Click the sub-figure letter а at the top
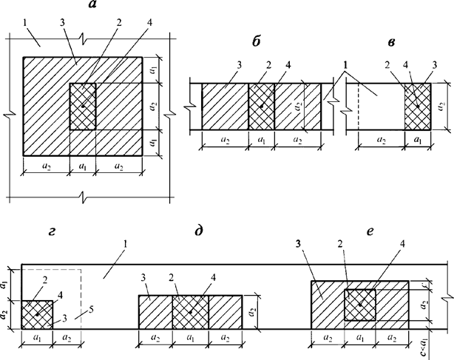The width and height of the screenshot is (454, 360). click(x=92, y=7)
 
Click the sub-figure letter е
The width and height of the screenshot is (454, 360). click(x=356, y=231)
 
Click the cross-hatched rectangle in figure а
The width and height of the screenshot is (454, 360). click(x=83, y=106)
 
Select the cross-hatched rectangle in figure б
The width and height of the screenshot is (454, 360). click(x=261, y=106)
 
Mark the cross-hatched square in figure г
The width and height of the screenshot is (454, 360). click(x=37, y=314)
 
